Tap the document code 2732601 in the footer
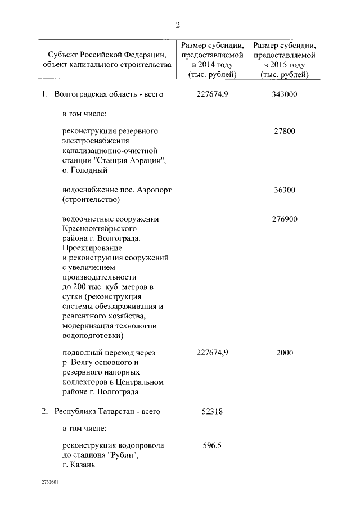click(x=49, y=482)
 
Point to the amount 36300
click(x=285, y=190)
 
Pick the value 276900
click(x=285, y=219)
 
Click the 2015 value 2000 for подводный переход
click(x=285, y=353)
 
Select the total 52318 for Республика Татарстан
click(x=212, y=411)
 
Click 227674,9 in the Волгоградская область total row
click(x=212, y=94)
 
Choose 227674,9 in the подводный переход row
click(x=212, y=353)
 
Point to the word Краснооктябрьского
click(x=99, y=229)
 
